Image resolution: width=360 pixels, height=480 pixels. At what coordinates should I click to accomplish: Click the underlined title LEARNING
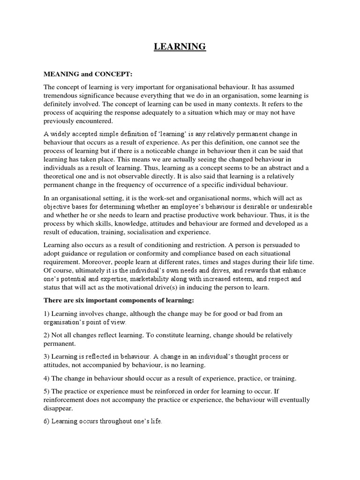[180, 46]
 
